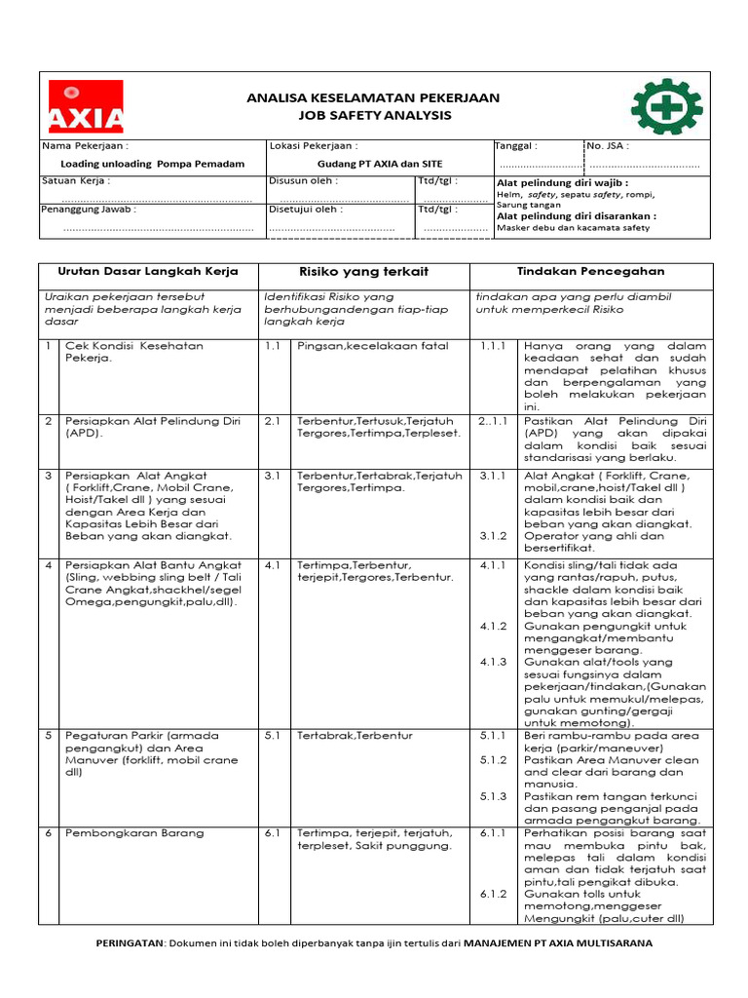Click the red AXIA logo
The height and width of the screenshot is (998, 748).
coord(87,106)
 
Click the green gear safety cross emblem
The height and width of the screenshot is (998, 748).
coord(666,106)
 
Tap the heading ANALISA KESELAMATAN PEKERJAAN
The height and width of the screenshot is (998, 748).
coord(373,97)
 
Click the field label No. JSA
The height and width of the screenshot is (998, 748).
coord(608,146)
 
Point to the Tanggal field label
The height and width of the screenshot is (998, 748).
coord(517,146)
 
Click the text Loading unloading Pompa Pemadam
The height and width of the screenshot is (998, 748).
coord(152,164)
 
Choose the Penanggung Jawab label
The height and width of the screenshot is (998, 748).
coord(89,209)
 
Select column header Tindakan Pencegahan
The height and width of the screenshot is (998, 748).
coord(590,270)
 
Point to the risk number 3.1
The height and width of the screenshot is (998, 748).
coord(272,476)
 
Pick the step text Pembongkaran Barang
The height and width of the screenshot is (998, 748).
coord(134,833)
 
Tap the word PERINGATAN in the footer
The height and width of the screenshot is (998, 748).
coord(129,943)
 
